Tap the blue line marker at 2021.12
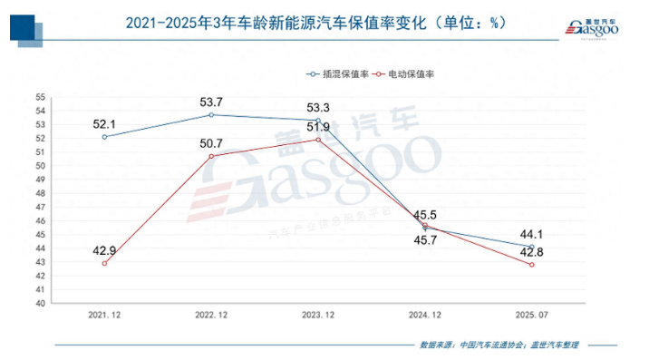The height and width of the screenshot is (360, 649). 104,137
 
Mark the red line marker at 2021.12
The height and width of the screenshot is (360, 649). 104,263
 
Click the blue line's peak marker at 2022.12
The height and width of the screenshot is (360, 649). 211,114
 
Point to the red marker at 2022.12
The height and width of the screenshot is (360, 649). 211,156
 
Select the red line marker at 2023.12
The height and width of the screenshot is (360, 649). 318,140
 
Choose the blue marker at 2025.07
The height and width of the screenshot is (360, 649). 532,247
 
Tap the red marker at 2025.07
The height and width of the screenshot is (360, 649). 532,265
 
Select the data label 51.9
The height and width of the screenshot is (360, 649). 318,128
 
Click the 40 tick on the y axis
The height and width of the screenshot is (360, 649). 41,303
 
